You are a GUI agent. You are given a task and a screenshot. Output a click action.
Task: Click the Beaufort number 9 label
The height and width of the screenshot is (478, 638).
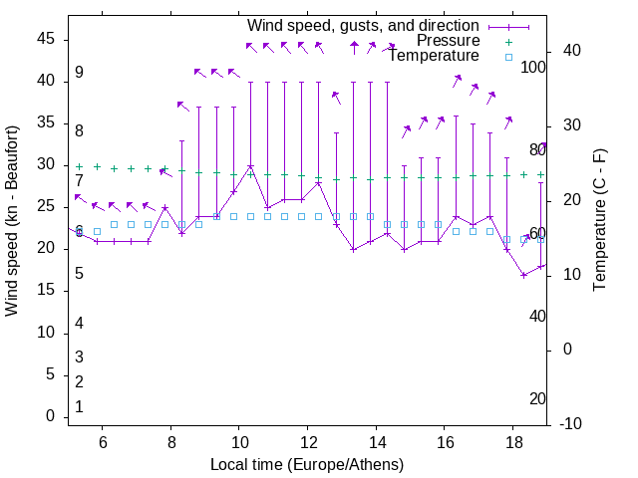pos(79,73)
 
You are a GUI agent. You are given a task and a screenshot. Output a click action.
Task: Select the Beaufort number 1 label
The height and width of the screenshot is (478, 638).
pos(79,407)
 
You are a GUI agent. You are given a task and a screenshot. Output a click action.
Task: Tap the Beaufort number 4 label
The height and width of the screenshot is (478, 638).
pos(79,324)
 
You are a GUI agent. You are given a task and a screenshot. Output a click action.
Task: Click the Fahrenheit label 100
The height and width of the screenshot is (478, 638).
pos(534,68)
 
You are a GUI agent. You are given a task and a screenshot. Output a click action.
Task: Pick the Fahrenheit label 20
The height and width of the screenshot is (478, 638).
pos(537,399)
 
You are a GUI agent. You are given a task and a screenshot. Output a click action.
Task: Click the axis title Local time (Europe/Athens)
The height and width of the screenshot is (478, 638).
pos(307,464)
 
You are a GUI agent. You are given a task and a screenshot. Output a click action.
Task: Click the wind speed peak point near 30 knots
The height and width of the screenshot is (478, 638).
pos(251,167)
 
